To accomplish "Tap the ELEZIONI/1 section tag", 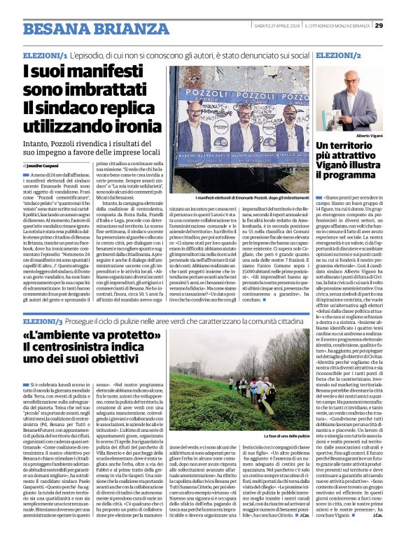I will point(45,55).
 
